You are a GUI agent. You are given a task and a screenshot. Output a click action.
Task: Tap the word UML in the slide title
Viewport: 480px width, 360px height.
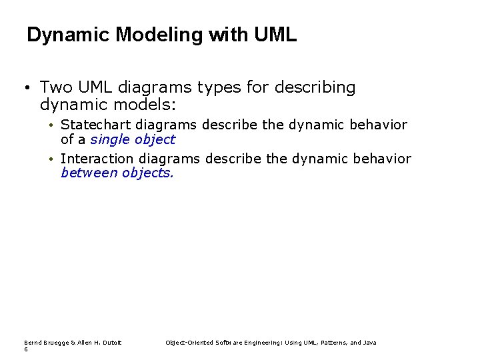pyautogui.click(x=275, y=35)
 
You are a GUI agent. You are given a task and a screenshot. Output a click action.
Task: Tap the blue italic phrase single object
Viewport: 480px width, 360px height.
pyautogui.click(x=133, y=139)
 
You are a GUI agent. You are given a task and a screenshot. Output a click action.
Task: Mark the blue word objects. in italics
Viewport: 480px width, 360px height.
pyautogui.click(x=148, y=173)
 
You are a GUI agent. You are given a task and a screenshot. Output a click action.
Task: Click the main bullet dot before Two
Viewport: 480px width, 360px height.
pyautogui.click(x=24, y=88)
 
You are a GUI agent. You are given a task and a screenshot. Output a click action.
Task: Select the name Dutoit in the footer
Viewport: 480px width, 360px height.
pyautogui.click(x=110, y=343)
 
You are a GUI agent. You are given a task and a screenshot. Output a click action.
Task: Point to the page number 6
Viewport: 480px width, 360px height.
pyautogui.click(x=26, y=349)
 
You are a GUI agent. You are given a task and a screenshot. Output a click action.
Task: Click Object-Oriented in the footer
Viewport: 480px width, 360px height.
pyautogui.click(x=188, y=343)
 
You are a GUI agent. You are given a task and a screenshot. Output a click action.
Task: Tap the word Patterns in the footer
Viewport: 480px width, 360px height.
pyautogui.click(x=333, y=343)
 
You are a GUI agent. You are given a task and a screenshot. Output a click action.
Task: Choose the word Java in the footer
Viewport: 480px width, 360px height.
pyautogui.click(x=369, y=343)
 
